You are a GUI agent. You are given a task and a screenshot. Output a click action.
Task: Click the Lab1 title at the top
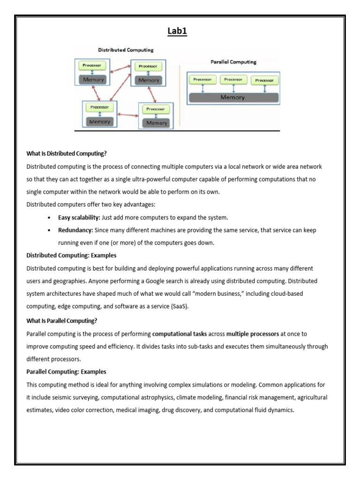point(177,32)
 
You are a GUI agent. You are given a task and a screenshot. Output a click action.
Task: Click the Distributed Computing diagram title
point(125,50)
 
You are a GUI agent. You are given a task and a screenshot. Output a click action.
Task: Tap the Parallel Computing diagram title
point(233,62)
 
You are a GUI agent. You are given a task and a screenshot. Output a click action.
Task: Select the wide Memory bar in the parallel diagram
point(233,97)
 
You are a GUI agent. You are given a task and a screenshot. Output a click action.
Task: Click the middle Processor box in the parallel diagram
point(233,80)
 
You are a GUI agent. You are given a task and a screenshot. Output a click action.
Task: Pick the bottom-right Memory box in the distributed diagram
point(157,123)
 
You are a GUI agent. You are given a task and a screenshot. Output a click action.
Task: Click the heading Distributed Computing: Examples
point(71,255)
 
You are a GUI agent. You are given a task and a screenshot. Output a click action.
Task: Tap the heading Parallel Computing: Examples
point(66,372)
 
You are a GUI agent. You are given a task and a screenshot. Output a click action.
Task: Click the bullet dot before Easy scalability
point(49,218)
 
